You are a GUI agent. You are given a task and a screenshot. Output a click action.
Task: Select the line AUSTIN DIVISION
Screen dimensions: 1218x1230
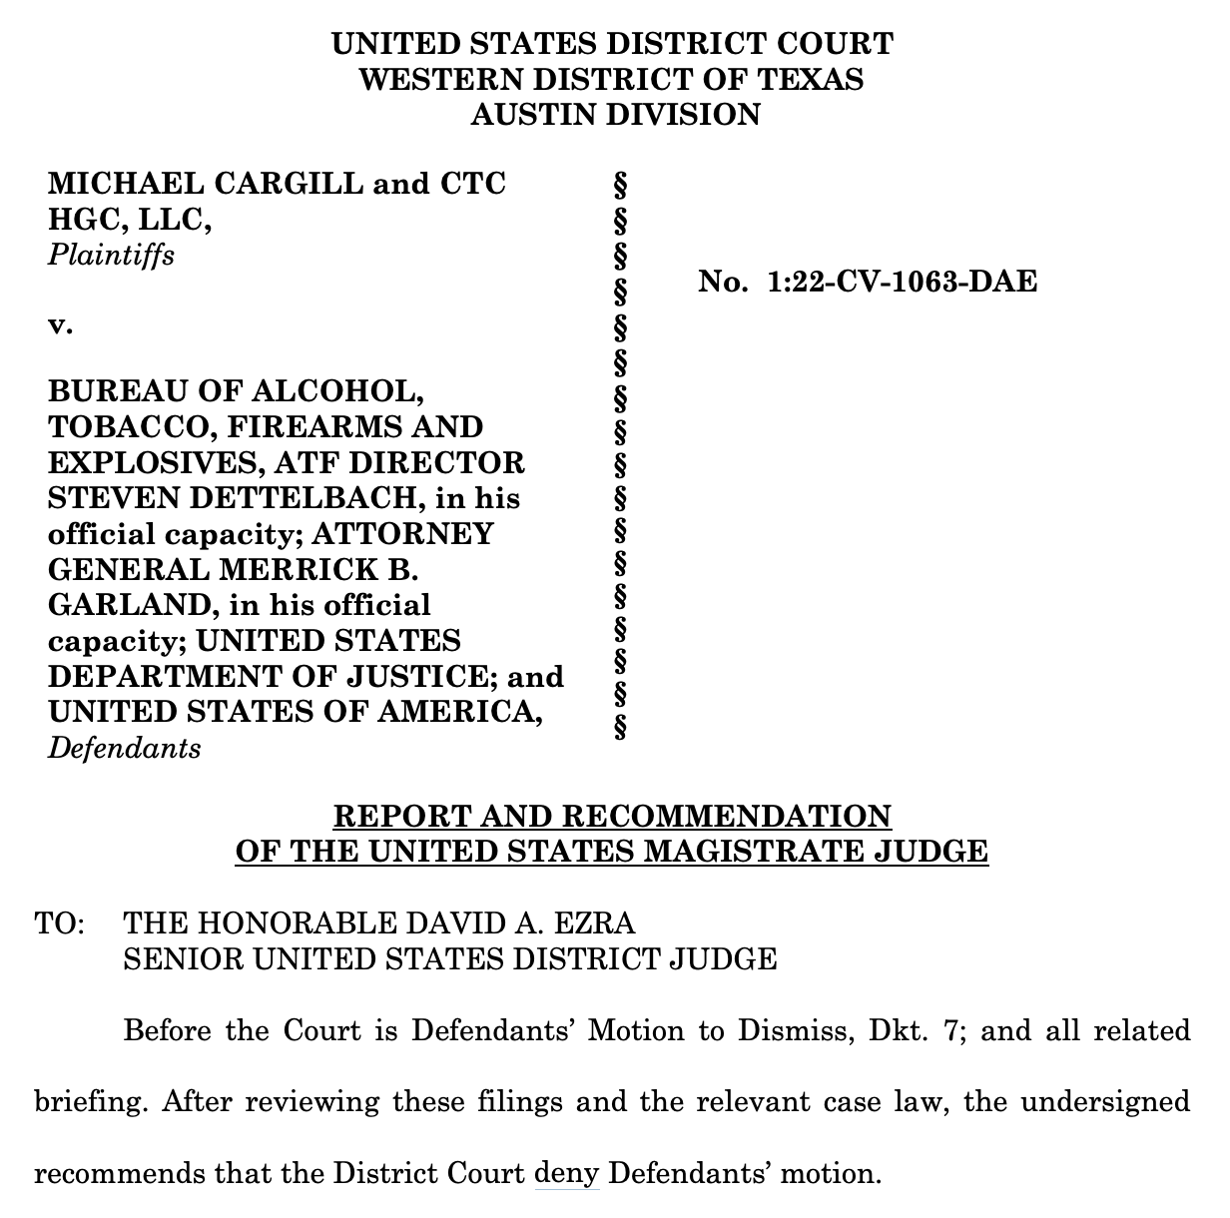[x=615, y=115]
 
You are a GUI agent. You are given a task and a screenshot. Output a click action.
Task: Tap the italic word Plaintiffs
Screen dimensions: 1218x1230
[x=111, y=256]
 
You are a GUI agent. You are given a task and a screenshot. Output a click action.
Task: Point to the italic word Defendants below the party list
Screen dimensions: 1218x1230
[x=124, y=748]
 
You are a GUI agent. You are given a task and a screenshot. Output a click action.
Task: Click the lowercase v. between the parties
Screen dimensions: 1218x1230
[x=60, y=325]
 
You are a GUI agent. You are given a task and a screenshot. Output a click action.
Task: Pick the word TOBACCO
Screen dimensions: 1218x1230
[x=130, y=427]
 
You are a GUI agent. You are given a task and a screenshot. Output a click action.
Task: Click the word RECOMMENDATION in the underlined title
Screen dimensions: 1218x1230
[x=727, y=817]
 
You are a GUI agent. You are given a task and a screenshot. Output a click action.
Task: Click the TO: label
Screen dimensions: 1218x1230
[x=59, y=923]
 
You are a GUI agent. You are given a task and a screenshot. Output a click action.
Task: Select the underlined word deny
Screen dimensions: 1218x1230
[x=567, y=1172]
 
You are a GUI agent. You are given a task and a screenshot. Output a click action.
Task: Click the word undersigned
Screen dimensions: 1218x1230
[x=1105, y=1101]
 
